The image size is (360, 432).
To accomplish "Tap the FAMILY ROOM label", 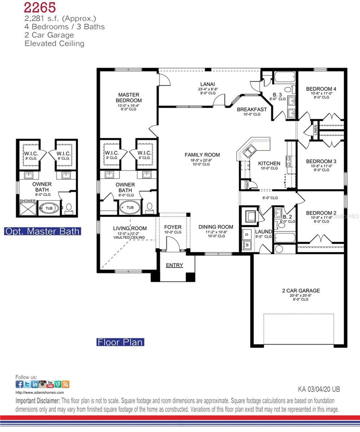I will tap(202, 155).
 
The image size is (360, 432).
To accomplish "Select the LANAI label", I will tap(207, 84).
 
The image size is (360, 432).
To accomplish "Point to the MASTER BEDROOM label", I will tap(129, 98).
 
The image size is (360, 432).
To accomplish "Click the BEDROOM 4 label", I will tap(321, 89).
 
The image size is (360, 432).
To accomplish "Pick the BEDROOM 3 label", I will tap(321, 162).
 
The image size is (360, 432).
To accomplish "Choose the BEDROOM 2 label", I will tap(321, 213).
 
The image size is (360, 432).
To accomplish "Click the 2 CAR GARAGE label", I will tap(301, 291).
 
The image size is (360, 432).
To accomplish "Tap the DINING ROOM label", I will tap(216, 227).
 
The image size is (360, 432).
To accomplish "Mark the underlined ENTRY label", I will tap(174, 265).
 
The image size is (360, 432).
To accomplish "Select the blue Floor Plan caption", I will tap(120, 342).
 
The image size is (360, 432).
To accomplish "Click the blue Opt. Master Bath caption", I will tap(43, 231).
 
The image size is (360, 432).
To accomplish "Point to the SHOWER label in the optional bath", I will tap(27, 201).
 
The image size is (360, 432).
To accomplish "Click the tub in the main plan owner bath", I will tap(130, 208).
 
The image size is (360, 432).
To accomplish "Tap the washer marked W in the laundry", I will tap(247, 244).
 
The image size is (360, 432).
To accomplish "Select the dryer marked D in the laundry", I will tap(247, 234).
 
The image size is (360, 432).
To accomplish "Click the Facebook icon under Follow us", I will tap(19, 384).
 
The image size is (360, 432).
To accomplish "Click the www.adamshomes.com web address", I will tap(40, 393).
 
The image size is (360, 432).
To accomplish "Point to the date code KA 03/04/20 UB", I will tap(319, 389).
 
